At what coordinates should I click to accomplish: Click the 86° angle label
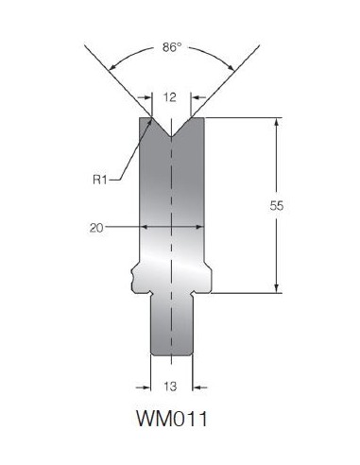pos(172,47)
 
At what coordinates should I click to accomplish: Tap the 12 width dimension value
pos(170,97)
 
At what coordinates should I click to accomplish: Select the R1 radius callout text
pos(100,180)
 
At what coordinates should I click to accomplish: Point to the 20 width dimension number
pos(96,228)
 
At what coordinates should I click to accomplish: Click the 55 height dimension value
pos(277,206)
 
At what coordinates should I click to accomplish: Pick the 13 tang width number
pos(170,387)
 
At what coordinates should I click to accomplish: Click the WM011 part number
pos(172,419)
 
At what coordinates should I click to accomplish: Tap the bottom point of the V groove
pos(171,137)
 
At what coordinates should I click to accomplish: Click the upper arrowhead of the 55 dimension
pos(277,122)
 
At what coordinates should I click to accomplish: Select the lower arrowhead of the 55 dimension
pos(277,288)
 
